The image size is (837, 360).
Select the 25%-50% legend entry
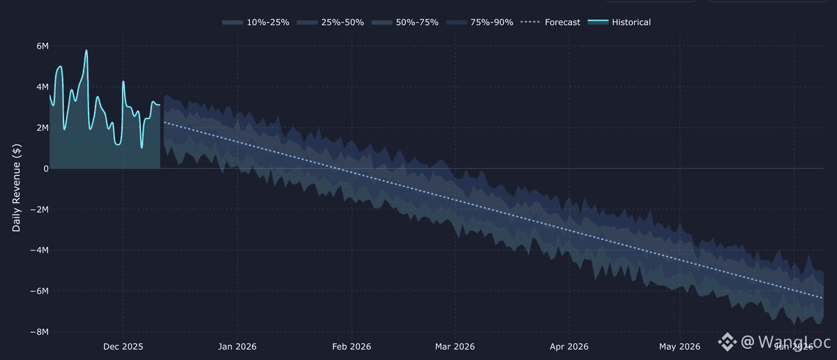pyautogui.click(x=332, y=22)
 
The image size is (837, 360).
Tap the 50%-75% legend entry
pyautogui.click(x=407, y=22)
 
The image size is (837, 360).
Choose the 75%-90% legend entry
pyautogui.click(x=481, y=22)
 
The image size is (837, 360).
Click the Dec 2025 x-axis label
pyautogui.click(x=123, y=346)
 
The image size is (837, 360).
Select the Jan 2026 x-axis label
pyautogui.click(x=236, y=346)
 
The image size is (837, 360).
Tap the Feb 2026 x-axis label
pyautogui.click(x=352, y=346)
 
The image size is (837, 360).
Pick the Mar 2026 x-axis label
pyautogui.click(x=455, y=346)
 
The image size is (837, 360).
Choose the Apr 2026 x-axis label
pyautogui.click(x=569, y=346)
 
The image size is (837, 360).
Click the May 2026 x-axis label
pyautogui.click(x=679, y=346)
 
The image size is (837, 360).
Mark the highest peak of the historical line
pyautogui.click(x=86, y=50)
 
